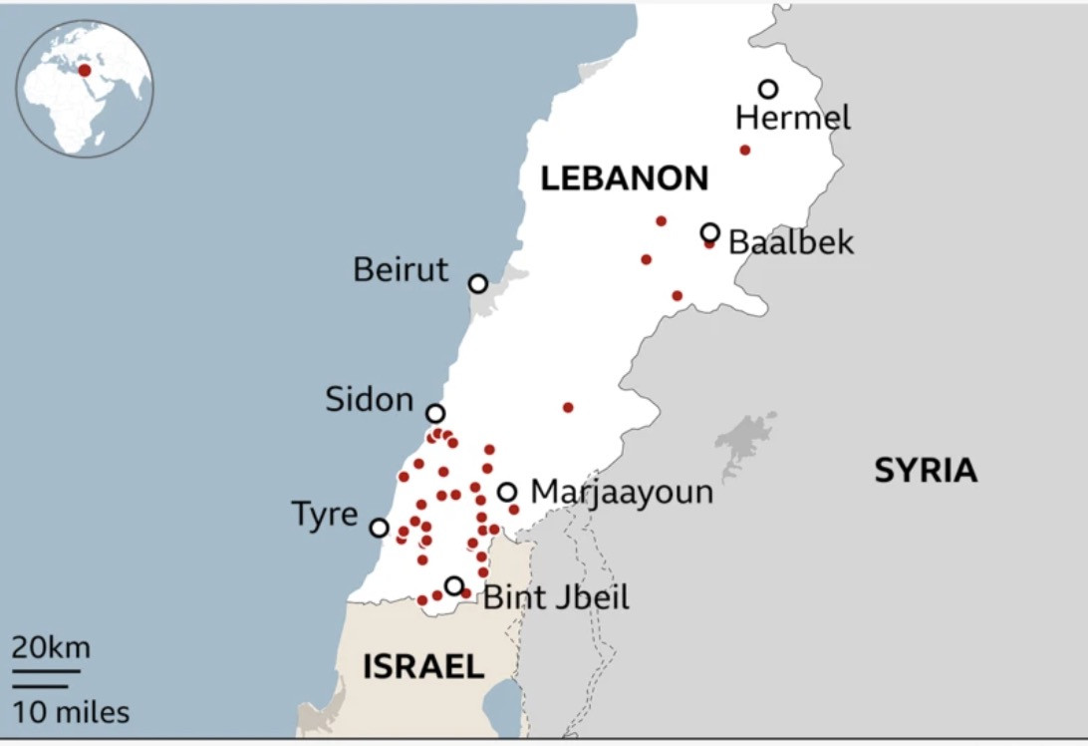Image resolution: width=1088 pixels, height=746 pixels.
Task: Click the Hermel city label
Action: (x=793, y=119)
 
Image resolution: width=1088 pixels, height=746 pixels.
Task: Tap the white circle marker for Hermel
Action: (x=768, y=89)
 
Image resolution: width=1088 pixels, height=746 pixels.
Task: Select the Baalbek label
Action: (x=791, y=242)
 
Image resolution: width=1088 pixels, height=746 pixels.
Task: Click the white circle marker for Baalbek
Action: (x=710, y=232)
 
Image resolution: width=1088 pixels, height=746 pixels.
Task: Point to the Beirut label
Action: (x=402, y=269)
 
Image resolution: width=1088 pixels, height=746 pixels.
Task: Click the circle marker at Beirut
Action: (x=478, y=283)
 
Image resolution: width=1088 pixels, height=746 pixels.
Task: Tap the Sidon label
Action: (x=369, y=400)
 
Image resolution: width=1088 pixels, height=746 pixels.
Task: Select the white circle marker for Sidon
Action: (x=435, y=413)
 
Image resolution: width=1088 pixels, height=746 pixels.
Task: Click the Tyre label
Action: (x=324, y=515)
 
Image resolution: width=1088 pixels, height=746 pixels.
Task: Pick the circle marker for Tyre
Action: (x=380, y=528)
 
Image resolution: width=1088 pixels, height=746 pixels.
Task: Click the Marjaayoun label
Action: (x=622, y=492)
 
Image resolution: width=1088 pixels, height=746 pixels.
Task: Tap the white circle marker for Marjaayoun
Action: (x=507, y=492)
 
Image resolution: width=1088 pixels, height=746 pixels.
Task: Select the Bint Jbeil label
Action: (x=556, y=598)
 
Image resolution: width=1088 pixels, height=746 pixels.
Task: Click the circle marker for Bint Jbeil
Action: (x=454, y=585)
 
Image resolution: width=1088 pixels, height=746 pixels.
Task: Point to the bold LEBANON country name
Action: (x=624, y=180)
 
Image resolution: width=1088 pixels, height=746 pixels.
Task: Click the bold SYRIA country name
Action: (x=926, y=471)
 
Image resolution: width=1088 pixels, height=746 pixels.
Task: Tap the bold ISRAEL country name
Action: (x=423, y=667)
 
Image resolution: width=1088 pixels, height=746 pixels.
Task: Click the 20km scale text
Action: (x=51, y=648)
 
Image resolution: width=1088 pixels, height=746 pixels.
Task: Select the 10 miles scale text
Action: (x=71, y=713)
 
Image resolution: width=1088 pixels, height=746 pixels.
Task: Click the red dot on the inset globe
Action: (x=85, y=70)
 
